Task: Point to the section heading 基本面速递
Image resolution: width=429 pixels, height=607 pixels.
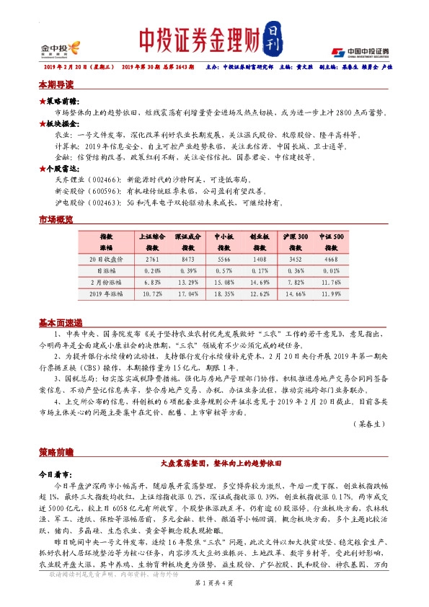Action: (61, 322)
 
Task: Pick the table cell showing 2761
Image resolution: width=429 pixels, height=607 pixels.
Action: (152, 258)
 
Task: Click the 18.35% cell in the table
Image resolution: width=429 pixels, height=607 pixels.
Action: (224, 295)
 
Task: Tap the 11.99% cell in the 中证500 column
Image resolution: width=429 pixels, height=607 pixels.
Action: (332, 295)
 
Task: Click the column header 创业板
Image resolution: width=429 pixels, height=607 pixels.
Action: (259, 236)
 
